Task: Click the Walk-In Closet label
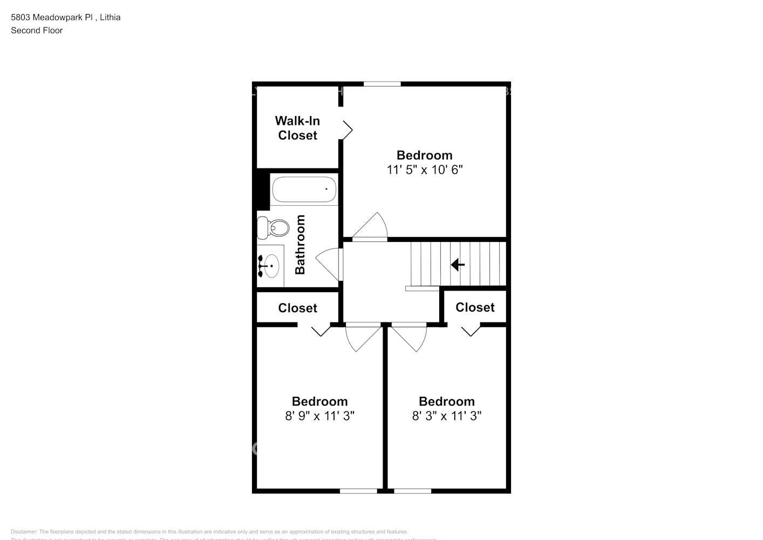(x=297, y=128)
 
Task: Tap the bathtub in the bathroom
(x=304, y=190)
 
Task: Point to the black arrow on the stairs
(x=458, y=265)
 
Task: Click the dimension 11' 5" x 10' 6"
(x=425, y=170)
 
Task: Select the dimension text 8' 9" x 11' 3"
(x=319, y=416)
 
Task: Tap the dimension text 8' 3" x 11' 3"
(x=446, y=416)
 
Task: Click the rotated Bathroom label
(x=300, y=244)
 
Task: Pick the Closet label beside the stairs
(x=475, y=307)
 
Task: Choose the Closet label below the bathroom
(x=297, y=308)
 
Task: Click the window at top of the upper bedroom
(x=382, y=84)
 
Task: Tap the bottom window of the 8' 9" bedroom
(x=358, y=491)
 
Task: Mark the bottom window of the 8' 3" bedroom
(x=412, y=491)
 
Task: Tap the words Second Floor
(x=37, y=30)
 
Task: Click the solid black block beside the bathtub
(x=263, y=190)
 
